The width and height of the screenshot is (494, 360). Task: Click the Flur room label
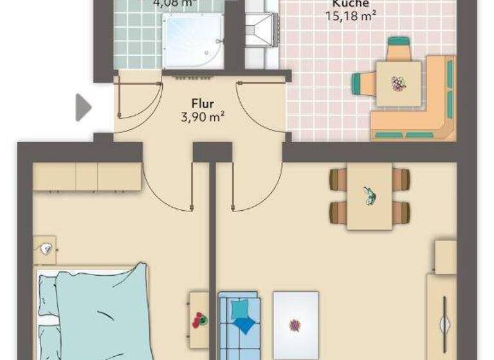tap(202, 103)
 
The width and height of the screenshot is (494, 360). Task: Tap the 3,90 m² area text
tap(202, 116)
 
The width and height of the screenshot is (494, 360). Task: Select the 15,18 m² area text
tap(351, 15)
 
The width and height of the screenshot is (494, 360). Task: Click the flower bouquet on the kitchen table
tap(398, 83)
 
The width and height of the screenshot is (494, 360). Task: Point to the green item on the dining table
tap(370, 196)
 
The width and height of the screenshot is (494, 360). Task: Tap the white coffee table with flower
tap(295, 325)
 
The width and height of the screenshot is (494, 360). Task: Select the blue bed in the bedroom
tap(96, 315)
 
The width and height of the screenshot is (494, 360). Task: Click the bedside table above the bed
tap(44, 250)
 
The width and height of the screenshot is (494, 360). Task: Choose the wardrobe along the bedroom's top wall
tap(87, 177)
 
